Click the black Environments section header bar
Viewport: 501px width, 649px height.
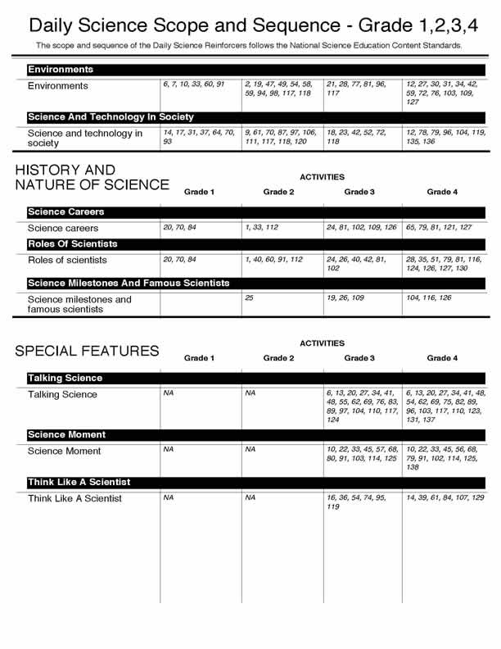tap(61, 70)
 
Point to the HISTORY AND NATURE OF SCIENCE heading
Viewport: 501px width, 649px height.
tap(92, 178)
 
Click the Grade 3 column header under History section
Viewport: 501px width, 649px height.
tap(359, 192)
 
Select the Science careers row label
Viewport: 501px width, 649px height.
tap(63, 229)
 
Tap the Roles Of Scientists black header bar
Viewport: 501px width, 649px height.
tap(72, 244)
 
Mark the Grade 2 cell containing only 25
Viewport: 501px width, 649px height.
tap(250, 298)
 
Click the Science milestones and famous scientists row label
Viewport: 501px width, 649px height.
tap(79, 304)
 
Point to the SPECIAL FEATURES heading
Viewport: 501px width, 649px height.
tap(87, 352)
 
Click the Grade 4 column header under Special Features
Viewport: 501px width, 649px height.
tap(440, 358)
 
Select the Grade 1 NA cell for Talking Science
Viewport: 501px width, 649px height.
tap(169, 393)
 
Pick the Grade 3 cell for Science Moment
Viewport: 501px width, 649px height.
tap(361, 454)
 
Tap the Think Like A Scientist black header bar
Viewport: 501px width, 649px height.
tap(79, 482)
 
